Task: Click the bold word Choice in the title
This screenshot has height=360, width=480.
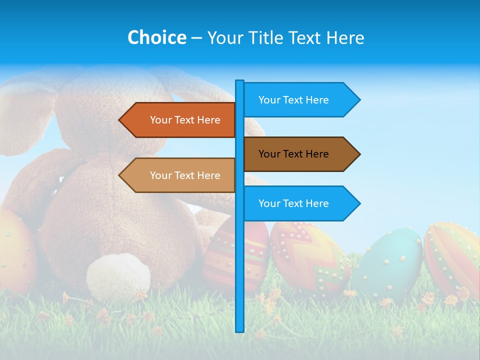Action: click(156, 37)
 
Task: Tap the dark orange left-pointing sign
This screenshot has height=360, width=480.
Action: click(180, 120)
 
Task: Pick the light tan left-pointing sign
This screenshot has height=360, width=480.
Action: click(180, 175)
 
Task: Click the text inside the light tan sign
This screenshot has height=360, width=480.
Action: click(185, 175)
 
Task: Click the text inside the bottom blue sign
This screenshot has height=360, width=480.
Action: click(293, 203)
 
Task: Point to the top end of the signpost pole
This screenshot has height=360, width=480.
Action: click(240, 82)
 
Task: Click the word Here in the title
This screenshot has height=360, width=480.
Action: click(344, 37)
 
